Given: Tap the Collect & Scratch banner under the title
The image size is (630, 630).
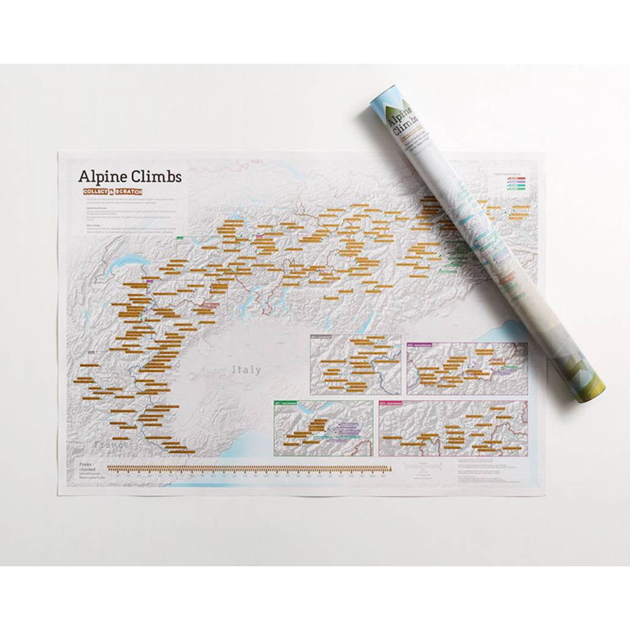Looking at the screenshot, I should pyautogui.click(x=113, y=192).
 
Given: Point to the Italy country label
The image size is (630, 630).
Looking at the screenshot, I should pyautogui.click(x=246, y=370).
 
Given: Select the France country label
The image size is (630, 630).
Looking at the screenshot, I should pyautogui.click(x=110, y=443).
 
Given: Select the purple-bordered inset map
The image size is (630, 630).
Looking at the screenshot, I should pyautogui.click(x=467, y=368).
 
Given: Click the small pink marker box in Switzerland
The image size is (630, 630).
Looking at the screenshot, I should pyautogui.click(x=260, y=235).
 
